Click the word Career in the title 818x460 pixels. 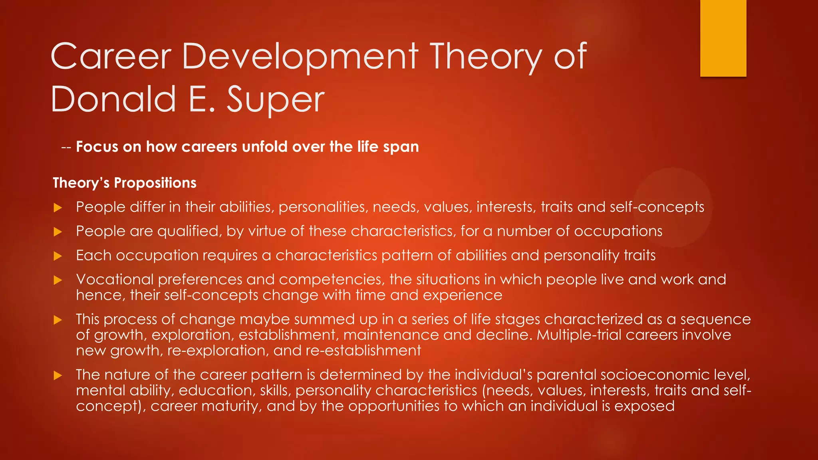pyautogui.click(x=111, y=57)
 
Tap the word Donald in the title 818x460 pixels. pyautogui.click(x=113, y=99)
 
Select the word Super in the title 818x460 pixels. pyautogui.click(x=276, y=100)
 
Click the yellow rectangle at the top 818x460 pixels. pyautogui.click(x=723, y=38)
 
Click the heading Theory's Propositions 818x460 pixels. pyautogui.click(x=125, y=183)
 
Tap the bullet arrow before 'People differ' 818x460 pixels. pyautogui.click(x=58, y=208)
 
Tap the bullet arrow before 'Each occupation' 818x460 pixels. pyautogui.click(x=58, y=256)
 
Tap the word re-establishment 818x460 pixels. pyautogui.click(x=363, y=351)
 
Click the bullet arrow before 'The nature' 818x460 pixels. pyautogui.click(x=58, y=375)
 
